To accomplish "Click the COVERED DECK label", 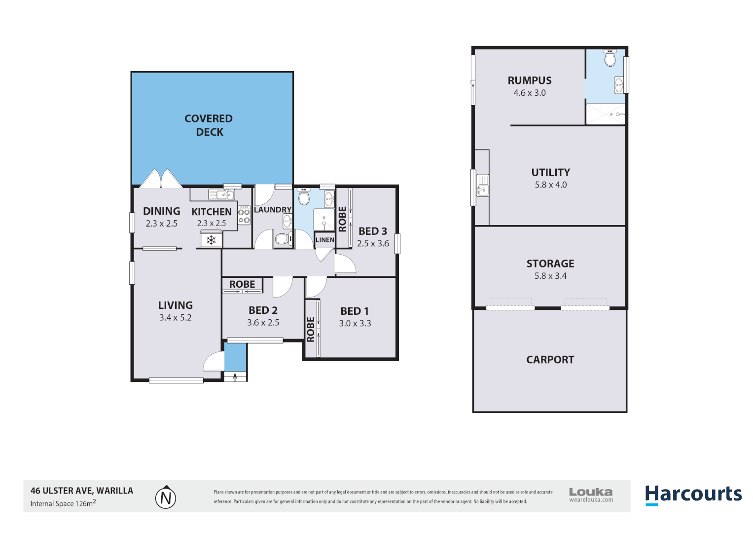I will click(x=209, y=125).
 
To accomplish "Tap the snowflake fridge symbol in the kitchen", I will click(x=211, y=240).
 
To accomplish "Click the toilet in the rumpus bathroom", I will click(x=610, y=59).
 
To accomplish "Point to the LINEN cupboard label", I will click(x=325, y=240).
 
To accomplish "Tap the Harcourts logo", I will click(x=693, y=494).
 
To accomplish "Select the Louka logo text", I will click(x=591, y=492).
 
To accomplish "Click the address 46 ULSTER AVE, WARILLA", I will click(x=82, y=491).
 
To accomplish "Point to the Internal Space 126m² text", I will click(x=63, y=503).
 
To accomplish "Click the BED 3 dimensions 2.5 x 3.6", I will click(x=373, y=243).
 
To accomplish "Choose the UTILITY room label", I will click(x=550, y=173).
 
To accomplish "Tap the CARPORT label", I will click(x=550, y=360).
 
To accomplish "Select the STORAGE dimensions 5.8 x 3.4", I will click(x=550, y=276).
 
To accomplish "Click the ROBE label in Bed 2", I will click(x=242, y=284).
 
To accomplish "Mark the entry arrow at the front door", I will click(x=235, y=377).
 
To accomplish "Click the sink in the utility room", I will click(x=482, y=188).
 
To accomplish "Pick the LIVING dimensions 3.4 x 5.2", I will click(x=175, y=318).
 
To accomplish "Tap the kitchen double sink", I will click(x=221, y=194).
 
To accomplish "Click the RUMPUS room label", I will click(x=530, y=80).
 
